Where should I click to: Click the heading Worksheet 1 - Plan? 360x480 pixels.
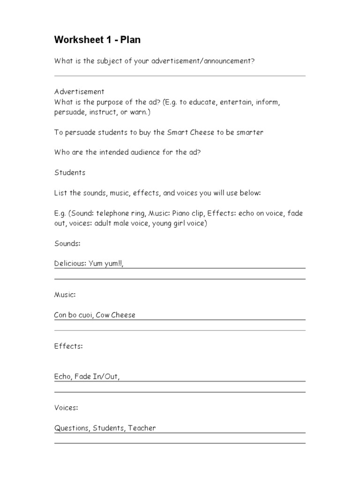[97, 40]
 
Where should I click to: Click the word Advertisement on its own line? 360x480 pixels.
[79, 91]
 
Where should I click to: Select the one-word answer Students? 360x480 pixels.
[70, 172]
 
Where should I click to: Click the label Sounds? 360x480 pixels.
[67, 244]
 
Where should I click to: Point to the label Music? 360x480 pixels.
[65, 294]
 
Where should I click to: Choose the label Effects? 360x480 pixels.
[68, 346]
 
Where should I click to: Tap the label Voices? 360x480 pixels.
[66, 408]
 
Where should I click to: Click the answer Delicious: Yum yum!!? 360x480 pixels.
[89, 264]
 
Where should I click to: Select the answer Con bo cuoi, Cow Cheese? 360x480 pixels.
[95, 315]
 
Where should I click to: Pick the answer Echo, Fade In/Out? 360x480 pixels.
[87, 376]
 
